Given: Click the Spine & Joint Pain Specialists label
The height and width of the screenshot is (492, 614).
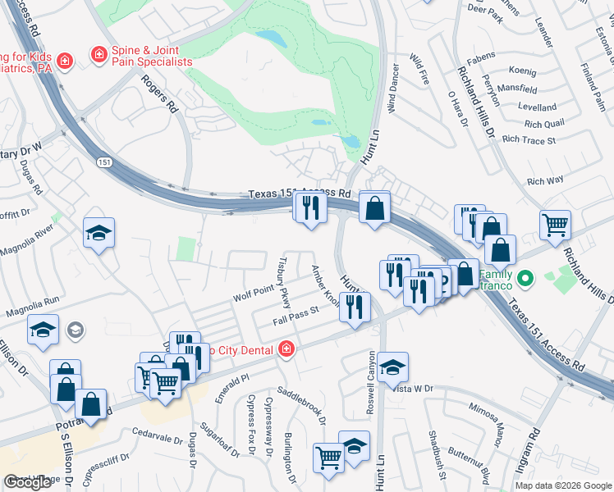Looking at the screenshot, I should click(153, 56).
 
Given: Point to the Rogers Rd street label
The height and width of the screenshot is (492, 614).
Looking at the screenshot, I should click(160, 93).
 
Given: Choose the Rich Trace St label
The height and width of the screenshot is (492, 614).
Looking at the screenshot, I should click(529, 140).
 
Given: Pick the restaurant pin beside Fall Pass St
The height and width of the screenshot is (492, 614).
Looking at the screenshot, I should click(355, 307).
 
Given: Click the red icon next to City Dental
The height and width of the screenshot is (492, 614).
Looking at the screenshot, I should click(286, 349).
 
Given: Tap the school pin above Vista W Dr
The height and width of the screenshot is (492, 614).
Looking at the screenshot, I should click(393, 366).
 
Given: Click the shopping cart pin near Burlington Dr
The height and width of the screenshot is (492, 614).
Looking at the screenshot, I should click(328, 458).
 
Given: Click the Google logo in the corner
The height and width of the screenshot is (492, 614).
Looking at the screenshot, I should click(28, 482).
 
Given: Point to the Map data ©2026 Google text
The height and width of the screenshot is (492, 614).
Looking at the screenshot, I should click(563, 485).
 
